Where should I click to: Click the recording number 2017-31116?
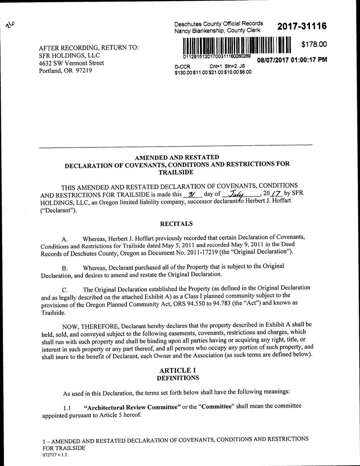click(302, 27)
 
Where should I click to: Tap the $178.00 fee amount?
click(314, 44)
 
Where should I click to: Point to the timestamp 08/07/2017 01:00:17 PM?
click(292, 60)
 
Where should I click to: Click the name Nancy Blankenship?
click(199, 31)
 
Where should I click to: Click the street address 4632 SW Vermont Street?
click(71, 63)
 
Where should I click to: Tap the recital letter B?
click(65, 268)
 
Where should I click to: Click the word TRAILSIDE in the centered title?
click(176, 172)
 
